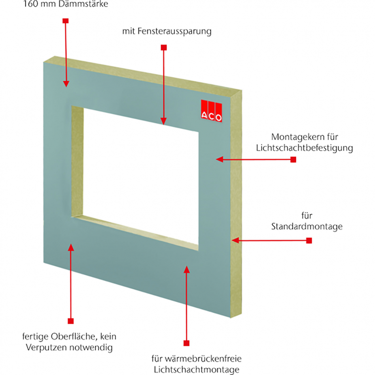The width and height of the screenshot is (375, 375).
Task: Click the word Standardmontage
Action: (307, 227)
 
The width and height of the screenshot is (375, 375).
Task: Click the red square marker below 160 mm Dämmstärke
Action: (66, 20)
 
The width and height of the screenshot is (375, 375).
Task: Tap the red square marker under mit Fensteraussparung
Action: (163, 47)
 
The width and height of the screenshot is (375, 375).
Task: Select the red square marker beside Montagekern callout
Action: (293, 159)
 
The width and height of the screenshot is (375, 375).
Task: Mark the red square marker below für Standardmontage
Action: (309, 240)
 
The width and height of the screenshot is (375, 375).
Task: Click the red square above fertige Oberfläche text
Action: (71, 321)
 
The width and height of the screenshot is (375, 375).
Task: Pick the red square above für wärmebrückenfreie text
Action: (186, 343)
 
